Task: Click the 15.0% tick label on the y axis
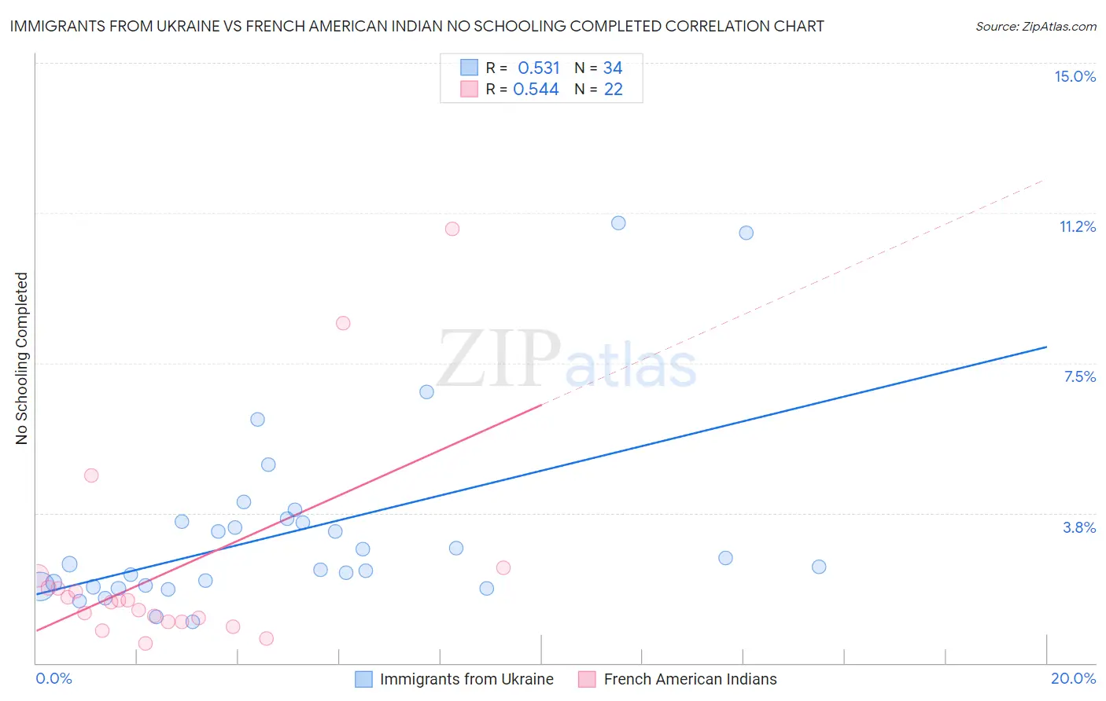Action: coord(1075,76)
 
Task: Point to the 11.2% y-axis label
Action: coord(1077,226)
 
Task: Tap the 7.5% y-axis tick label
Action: coord(1079,376)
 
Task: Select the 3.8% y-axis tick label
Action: coord(1079,527)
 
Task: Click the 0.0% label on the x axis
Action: coord(53,678)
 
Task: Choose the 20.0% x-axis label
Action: coord(1073,678)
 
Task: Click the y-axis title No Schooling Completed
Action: coord(22,358)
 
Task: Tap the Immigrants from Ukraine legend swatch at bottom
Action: coord(363,679)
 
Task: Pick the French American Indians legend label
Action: coord(690,679)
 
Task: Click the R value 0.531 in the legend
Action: coord(538,68)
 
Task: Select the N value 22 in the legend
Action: coord(613,90)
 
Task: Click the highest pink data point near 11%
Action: coord(452,229)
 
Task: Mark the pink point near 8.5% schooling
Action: coord(343,323)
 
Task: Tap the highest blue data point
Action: coord(618,223)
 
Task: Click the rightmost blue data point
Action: coord(819,567)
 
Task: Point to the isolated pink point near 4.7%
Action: coord(91,475)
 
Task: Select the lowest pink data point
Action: coord(146,644)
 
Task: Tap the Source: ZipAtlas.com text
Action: coord(1035,26)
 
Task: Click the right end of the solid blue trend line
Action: coord(1046,347)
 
